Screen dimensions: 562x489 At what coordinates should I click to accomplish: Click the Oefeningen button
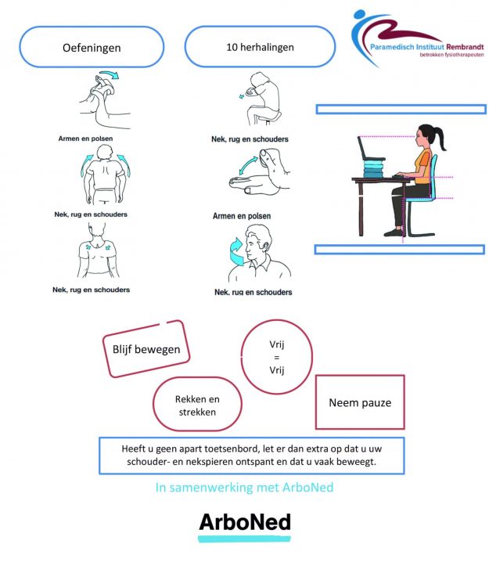pyautogui.click(x=92, y=48)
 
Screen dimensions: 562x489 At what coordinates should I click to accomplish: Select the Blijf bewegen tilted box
pyautogui.click(x=146, y=349)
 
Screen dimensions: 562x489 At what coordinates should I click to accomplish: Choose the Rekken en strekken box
pyautogui.click(x=196, y=405)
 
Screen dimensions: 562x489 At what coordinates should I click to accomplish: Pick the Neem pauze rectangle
pyautogui.click(x=360, y=403)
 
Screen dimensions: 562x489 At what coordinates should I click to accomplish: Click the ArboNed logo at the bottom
pyautogui.click(x=244, y=522)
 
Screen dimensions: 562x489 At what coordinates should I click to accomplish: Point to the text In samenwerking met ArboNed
pyautogui.click(x=244, y=488)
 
